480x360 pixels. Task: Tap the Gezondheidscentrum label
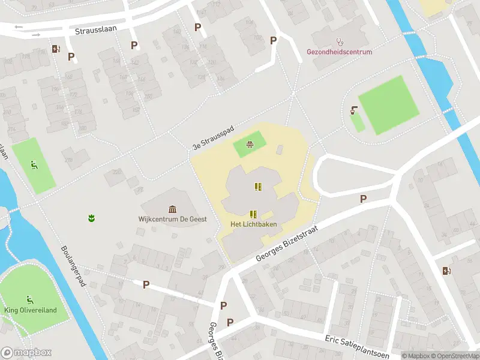click(340, 52)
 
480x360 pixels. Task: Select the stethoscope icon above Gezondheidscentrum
click(340, 42)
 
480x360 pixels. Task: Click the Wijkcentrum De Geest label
click(172, 219)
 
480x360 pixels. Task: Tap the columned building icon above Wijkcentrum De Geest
click(173, 209)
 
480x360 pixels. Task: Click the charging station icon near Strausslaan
click(56, 49)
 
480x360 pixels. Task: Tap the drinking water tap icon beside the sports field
click(354, 110)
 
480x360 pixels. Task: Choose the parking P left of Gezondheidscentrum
click(274, 40)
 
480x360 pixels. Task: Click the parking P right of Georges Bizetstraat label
click(362, 199)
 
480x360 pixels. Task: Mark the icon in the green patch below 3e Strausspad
click(249, 144)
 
